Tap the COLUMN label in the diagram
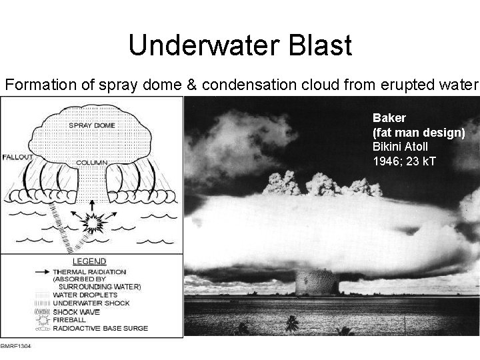[x=91, y=162]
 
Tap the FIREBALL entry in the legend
[x=77, y=319]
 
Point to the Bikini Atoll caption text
[x=401, y=146]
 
